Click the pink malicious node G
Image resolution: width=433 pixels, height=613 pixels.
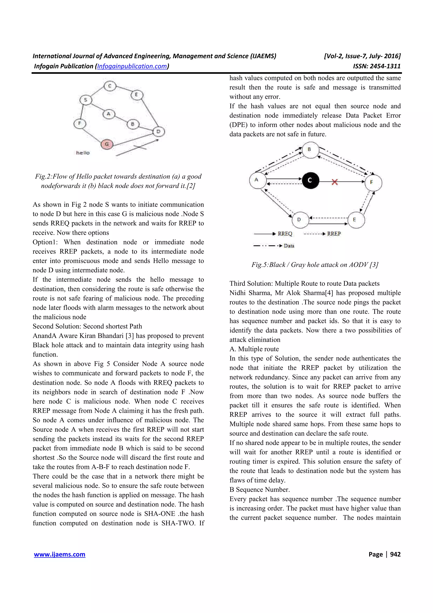(107, 144)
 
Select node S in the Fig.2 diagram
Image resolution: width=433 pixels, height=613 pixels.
(86, 100)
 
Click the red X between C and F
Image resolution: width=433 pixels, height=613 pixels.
(334, 182)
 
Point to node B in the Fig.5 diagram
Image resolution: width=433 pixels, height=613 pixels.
(310, 150)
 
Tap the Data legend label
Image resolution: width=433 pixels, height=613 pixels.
(289, 246)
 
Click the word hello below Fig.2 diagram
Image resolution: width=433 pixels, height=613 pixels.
(83, 153)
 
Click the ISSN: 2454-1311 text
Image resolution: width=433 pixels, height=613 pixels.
(377, 66)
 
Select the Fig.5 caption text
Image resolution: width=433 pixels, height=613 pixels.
(315, 265)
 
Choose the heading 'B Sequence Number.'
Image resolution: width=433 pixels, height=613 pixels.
(259, 489)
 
